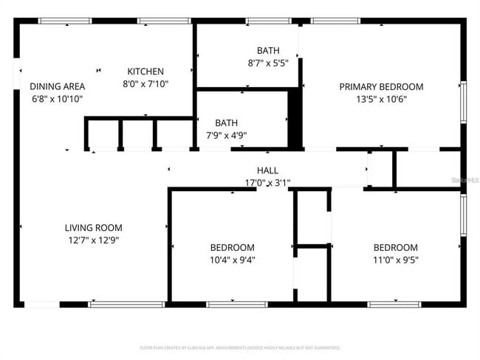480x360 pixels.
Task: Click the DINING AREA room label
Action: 57,86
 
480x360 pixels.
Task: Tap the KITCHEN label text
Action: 145,72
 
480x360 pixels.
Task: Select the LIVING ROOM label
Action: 93,228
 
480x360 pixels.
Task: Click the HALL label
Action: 267,170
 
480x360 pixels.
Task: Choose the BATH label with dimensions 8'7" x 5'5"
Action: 268,51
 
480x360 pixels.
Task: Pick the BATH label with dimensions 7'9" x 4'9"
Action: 226,122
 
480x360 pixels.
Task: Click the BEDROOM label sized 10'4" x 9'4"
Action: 232,248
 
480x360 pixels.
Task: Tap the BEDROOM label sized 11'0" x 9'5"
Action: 395,248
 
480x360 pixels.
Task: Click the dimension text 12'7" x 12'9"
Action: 93,240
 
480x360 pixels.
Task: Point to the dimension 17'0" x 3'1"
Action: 267,183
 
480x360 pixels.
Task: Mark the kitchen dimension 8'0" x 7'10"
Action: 145,84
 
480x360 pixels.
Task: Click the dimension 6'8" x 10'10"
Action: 57,99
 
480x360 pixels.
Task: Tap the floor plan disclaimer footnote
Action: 240,347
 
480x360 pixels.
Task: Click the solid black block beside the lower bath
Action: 295,118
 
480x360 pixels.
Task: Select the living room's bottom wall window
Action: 126,304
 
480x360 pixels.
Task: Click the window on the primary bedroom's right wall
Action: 464,102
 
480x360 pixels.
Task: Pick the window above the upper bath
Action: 267,21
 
